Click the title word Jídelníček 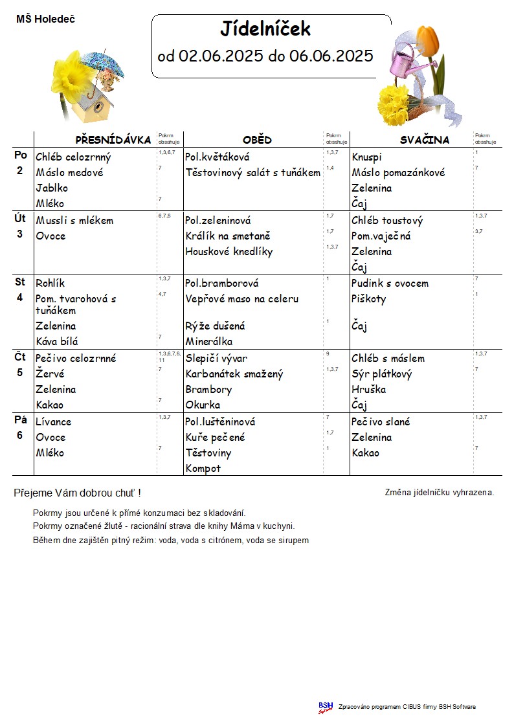coord(265,28)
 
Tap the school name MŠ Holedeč coord(45,19)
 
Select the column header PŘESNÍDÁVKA coord(113,140)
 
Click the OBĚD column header coord(257,140)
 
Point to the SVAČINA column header coord(424,140)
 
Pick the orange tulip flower coord(429,39)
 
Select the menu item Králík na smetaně coord(227,236)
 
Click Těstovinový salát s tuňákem coord(252,173)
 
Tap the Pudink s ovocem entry coord(390,284)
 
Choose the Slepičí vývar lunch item coord(216,359)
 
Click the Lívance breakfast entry coord(54,422)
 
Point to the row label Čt coord(20,357)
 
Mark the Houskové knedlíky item coord(229,252)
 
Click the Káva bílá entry coord(57,341)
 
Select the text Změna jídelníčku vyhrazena coord(439,492)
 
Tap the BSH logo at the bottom coord(326,707)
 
